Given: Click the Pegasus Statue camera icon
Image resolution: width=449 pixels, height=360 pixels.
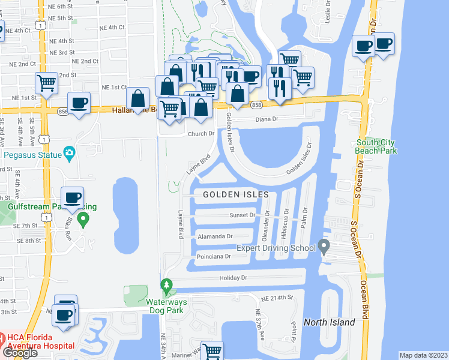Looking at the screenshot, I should click(x=70, y=154).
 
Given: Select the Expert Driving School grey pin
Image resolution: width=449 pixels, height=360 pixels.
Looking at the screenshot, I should click(x=324, y=246).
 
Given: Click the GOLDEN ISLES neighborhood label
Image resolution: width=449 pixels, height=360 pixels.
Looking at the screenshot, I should click(x=235, y=194).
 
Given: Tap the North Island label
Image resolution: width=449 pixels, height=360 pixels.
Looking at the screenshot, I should click(x=329, y=322).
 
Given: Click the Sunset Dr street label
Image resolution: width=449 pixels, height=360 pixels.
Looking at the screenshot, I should click(x=243, y=215).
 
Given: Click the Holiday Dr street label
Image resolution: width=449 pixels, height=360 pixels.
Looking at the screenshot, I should click(x=234, y=278).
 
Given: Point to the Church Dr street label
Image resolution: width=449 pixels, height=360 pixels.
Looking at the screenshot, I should click(x=200, y=134).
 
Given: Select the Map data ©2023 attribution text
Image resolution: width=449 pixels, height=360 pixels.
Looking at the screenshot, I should click(x=423, y=355).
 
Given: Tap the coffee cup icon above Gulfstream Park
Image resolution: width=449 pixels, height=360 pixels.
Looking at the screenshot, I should click(x=73, y=198).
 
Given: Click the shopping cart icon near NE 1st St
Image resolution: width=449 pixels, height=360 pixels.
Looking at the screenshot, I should click(x=46, y=83).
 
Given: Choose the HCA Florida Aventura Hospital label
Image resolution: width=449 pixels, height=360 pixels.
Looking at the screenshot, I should click(x=37, y=342).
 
